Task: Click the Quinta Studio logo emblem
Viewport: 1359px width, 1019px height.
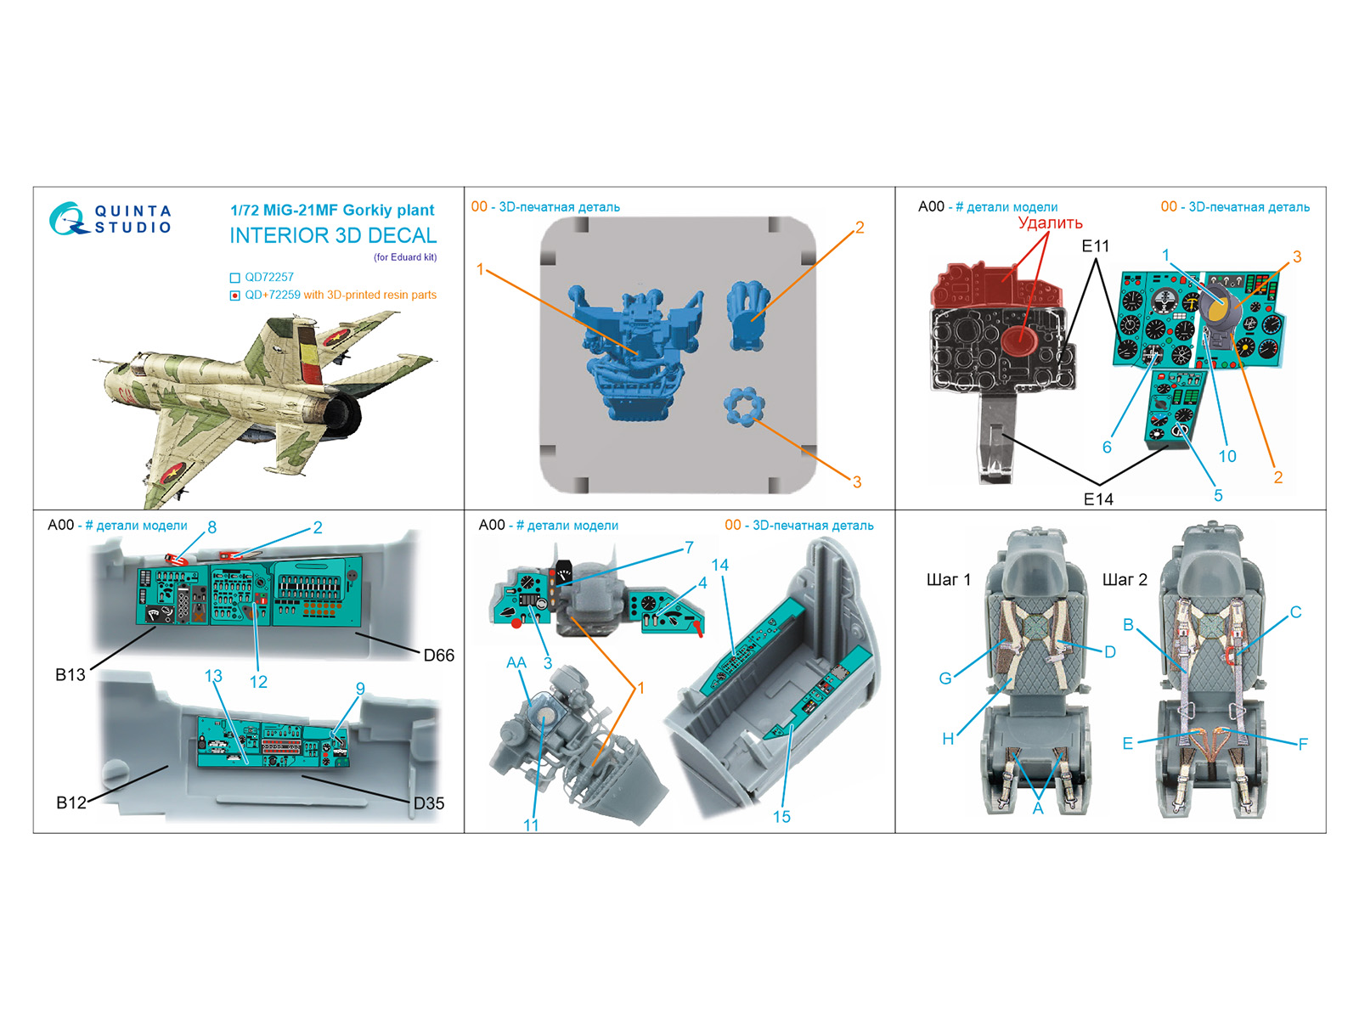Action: tap(67, 218)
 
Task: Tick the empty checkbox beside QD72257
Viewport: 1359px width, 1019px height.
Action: tap(234, 278)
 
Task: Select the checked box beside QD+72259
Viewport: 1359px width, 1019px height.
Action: tap(234, 296)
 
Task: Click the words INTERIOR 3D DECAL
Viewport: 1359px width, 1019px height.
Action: tap(333, 236)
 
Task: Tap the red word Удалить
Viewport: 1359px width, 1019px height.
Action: tap(1050, 222)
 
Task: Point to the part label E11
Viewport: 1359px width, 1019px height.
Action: tap(1095, 246)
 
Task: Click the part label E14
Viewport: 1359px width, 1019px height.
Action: tap(1098, 499)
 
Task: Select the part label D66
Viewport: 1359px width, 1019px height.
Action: tap(438, 656)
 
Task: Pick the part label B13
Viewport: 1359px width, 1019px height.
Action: tap(70, 674)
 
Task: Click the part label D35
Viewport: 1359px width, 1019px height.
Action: tap(428, 803)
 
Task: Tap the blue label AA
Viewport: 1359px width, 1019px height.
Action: tap(516, 662)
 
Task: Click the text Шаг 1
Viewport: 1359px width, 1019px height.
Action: tap(949, 580)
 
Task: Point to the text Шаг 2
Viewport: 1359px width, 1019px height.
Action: tap(1125, 580)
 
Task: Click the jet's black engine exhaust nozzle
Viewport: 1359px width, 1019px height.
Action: tap(344, 414)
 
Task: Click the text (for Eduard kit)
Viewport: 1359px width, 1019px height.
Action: tap(405, 257)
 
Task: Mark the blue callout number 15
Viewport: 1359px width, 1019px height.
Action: tap(781, 817)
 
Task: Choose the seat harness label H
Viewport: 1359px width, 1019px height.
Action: tap(948, 739)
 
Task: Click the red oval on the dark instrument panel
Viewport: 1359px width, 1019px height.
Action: tap(1019, 341)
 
